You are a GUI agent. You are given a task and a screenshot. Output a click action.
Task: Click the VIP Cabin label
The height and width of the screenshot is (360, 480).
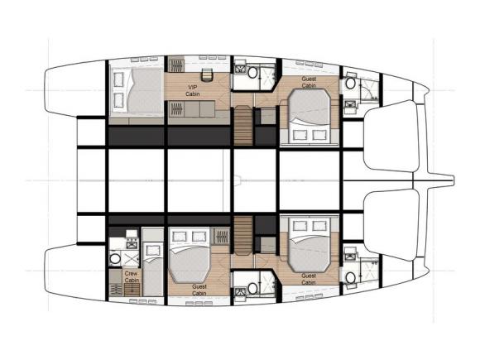tap(193, 89)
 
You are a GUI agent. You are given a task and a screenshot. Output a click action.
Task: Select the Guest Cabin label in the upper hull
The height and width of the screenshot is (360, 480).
tap(309, 82)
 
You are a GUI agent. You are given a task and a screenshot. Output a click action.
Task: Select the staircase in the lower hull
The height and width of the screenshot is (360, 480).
tap(242, 235)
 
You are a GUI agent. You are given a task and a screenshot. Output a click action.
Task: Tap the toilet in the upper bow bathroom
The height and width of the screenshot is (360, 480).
tap(351, 84)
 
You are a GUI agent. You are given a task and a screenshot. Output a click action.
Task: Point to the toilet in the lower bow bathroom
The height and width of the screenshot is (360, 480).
tap(351, 276)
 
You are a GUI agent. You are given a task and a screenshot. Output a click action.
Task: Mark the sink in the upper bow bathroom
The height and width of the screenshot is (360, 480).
tap(349, 104)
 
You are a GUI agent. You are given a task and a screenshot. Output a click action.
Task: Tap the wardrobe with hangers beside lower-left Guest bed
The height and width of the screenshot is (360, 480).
tap(221, 238)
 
